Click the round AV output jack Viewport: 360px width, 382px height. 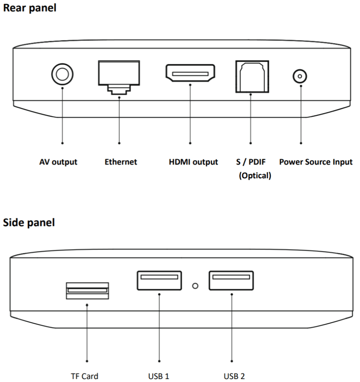[x=62, y=75]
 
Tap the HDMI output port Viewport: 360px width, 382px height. [x=190, y=73]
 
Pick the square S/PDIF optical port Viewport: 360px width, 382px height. [x=250, y=76]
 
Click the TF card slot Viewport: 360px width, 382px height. [x=87, y=290]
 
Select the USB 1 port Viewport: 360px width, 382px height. [x=159, y=280]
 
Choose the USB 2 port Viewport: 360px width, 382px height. [x=231, y=280]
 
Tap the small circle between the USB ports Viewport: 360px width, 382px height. [x=195, y=286]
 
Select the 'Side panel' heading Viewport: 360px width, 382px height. [x=29, y=223]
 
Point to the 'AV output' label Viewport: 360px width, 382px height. [x=58, y=162]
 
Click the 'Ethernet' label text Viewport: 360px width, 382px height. [x=121, y=162]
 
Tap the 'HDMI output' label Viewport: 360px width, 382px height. [x=193, y=162]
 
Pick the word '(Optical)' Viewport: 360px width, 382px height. [x=255, y=176]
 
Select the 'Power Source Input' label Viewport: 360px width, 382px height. [x=316, y=162]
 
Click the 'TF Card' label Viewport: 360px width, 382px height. [x=85, y=376]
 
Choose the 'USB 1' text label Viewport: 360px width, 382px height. [x=159, y=376]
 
